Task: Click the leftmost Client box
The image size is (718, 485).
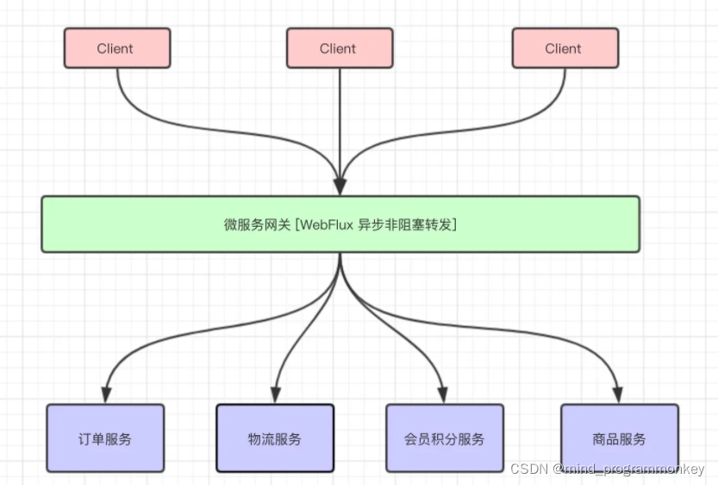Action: (117, 48)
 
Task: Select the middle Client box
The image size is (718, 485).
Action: (340, 48)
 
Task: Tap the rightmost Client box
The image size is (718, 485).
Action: (565, 48)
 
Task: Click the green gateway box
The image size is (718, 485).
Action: (340, 224)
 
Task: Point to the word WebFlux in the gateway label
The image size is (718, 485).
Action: (324, 224)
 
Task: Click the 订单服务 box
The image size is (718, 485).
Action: (105, 438)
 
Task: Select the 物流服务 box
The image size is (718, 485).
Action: (275, 438)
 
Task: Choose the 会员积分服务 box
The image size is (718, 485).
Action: (444, 438)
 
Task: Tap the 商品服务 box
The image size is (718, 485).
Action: (619, 438)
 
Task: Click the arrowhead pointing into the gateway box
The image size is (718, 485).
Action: (340, 186)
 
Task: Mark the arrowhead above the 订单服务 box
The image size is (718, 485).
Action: (105, 394)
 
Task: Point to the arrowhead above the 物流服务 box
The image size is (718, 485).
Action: (275, 394)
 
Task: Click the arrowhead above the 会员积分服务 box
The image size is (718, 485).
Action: (444, 394)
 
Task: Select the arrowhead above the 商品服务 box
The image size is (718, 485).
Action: (618, 394)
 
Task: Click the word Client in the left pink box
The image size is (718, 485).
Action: (116, 48)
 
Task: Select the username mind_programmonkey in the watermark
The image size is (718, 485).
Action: (636, 469)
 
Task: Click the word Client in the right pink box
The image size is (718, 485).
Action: (563, 48)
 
